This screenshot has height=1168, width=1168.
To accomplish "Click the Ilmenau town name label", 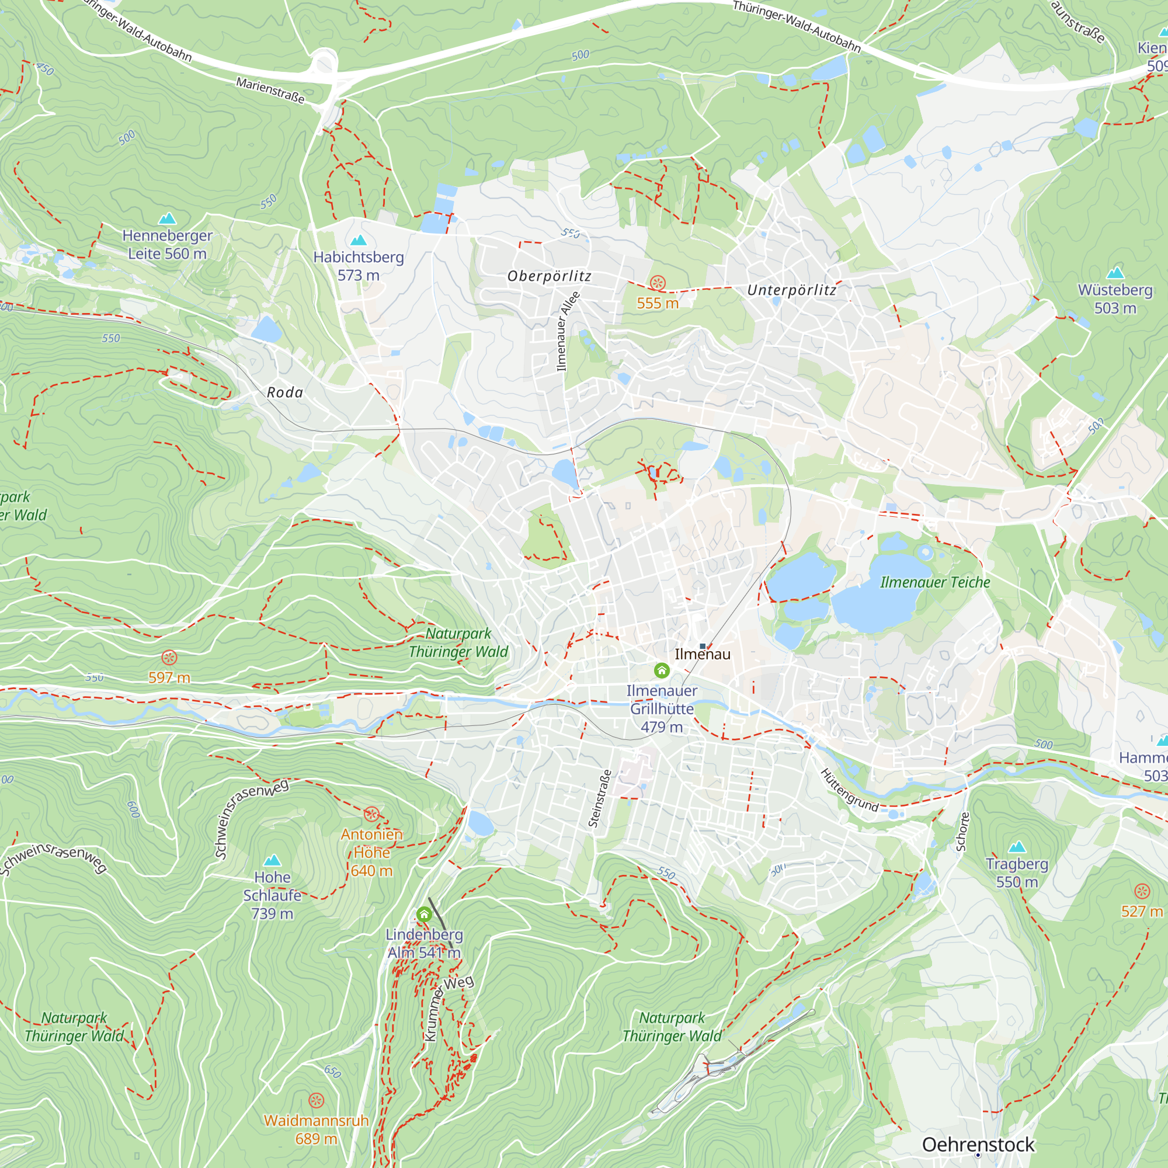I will click(703, 654).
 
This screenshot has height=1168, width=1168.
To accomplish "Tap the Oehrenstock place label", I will click(978, 1145).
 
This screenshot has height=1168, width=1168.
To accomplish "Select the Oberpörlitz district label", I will click(549, 276).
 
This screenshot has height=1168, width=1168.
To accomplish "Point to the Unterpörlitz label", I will click(792, 290).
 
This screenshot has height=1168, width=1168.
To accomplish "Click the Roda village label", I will click(285, 392).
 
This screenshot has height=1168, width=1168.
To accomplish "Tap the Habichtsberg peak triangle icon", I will click(359, 240).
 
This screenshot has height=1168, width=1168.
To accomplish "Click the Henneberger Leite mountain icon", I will click(167, 218).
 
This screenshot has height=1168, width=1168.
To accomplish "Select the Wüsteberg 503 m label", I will click(1115, 298).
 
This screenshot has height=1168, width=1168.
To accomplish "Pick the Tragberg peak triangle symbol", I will click(1017, 847).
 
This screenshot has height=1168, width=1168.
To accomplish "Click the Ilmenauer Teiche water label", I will click(934, 582).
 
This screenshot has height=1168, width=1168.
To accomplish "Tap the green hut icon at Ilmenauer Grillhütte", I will click(662, 670).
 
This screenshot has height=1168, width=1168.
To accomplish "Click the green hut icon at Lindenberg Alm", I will click(425, 914).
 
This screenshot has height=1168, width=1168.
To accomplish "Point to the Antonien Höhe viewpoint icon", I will click(371, 814).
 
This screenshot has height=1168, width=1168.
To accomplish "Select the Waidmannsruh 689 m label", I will click(316, 1129).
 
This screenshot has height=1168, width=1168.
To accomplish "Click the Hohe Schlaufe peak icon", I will click(273, 860).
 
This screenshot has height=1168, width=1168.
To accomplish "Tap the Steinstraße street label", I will click(600, 798).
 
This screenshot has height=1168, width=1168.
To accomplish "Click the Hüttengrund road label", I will click(849, 790).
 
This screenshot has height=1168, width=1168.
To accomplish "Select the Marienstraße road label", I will click(270, 90).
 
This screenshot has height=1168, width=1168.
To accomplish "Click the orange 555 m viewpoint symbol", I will click(658, 282).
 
